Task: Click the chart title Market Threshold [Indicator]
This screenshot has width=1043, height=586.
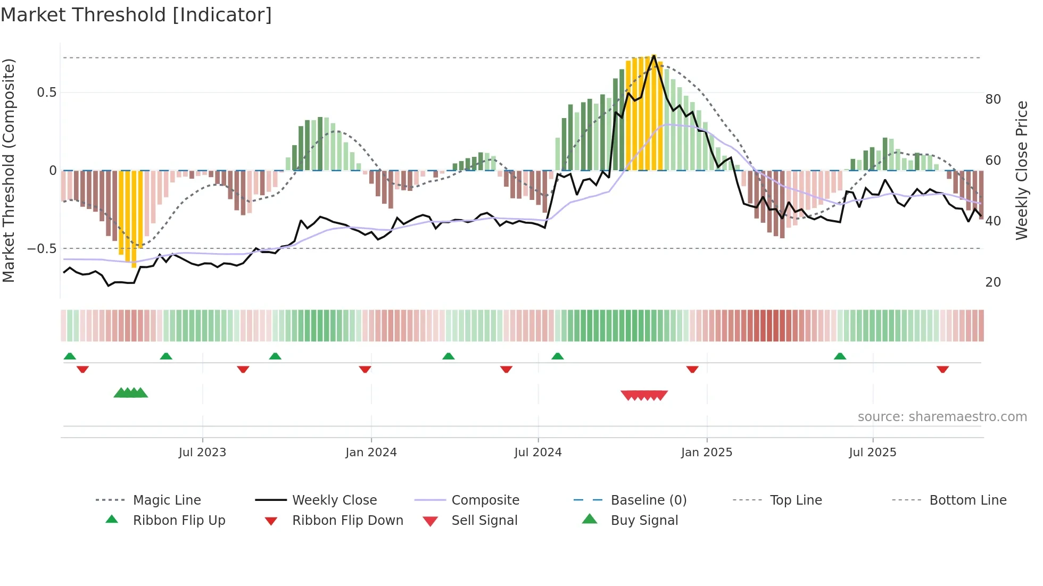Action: pyautogui.click(x=136, y=15)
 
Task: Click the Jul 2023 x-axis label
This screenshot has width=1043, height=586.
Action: pyautogui.click(x=202, y=453)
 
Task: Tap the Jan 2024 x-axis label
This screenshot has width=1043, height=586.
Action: pyautogui.click(x=371, y=453)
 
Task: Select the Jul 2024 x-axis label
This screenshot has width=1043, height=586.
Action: pyautogui.click(x=538, y=453)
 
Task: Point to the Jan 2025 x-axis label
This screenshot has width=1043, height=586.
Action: pyautogui.click(x=707, y=453)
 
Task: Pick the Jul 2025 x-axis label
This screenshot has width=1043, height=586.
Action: pyautogui.click(x=873, y=453)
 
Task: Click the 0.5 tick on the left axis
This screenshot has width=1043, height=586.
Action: pyautogui.click(x=46, y=93)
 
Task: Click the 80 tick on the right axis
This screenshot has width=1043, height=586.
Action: pyautogui.click(x=993, y=99)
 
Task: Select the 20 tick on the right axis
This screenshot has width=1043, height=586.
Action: pyautogui.click(x=993, y=282)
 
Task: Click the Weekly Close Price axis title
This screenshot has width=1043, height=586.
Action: pyautogui.click(x=1022, y=170)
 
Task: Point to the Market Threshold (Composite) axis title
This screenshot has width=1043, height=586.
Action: pyautogui.click(x=9, y=170)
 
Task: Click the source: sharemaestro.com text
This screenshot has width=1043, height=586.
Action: pyautogui.click(x=942, y=417)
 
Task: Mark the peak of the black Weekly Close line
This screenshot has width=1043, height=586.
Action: pyautogui.click(x=654, y=55)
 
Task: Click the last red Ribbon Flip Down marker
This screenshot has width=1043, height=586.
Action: pyautogui.click(x=942, y=369)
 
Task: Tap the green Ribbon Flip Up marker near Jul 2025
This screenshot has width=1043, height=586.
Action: pyautogui.click(x=840, y=356)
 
